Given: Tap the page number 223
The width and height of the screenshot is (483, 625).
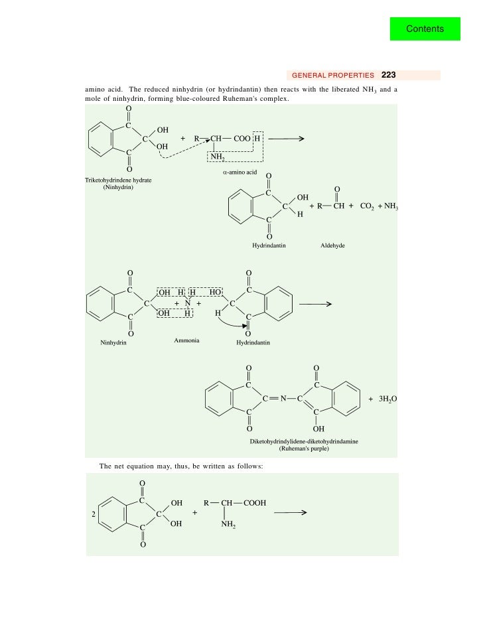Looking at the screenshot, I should click(388, 75).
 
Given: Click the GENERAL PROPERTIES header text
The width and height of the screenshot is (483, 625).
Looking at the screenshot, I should click(333, 76).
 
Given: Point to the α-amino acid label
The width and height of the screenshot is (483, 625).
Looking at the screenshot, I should click(240, 171).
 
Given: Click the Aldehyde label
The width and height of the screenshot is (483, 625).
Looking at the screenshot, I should click(332, 245).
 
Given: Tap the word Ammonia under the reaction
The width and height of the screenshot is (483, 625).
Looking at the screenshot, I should click(186, 340).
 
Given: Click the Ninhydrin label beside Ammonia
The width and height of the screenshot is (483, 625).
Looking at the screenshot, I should click(113, 343).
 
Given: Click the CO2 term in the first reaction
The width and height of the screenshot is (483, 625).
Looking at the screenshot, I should click(368, 206).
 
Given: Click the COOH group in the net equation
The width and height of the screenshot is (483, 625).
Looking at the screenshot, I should click(255, 503).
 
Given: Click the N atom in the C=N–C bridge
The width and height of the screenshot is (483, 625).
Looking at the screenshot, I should click(282, 399).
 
